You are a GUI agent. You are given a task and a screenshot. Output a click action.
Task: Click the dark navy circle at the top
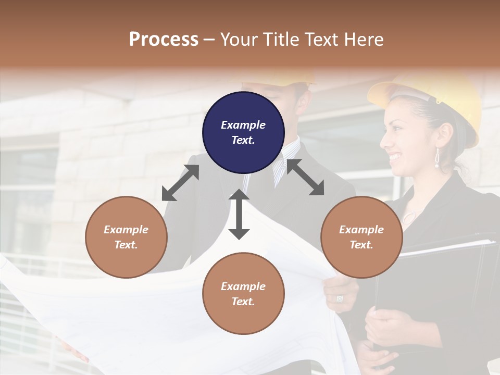point(243,132)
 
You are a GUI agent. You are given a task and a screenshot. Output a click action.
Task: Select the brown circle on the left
point(126,237)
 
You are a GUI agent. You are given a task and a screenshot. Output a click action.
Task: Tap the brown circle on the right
point(361,237)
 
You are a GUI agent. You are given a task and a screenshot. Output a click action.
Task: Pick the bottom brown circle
point(243,294)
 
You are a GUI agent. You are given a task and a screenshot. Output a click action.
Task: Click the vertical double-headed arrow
point(239,214)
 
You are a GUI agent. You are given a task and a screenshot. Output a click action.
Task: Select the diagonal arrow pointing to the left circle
point(180,183)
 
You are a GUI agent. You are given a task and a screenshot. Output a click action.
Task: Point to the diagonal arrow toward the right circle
point(305,177)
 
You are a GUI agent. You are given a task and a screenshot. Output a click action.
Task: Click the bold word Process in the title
point(164,39)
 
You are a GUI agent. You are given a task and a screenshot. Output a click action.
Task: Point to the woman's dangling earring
point(437,158)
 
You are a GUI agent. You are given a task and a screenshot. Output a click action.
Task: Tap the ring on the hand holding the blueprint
point(340,298)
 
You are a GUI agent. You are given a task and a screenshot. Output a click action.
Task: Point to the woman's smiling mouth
point(396,156)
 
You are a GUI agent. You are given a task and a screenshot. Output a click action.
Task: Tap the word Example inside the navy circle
point(243,125)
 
